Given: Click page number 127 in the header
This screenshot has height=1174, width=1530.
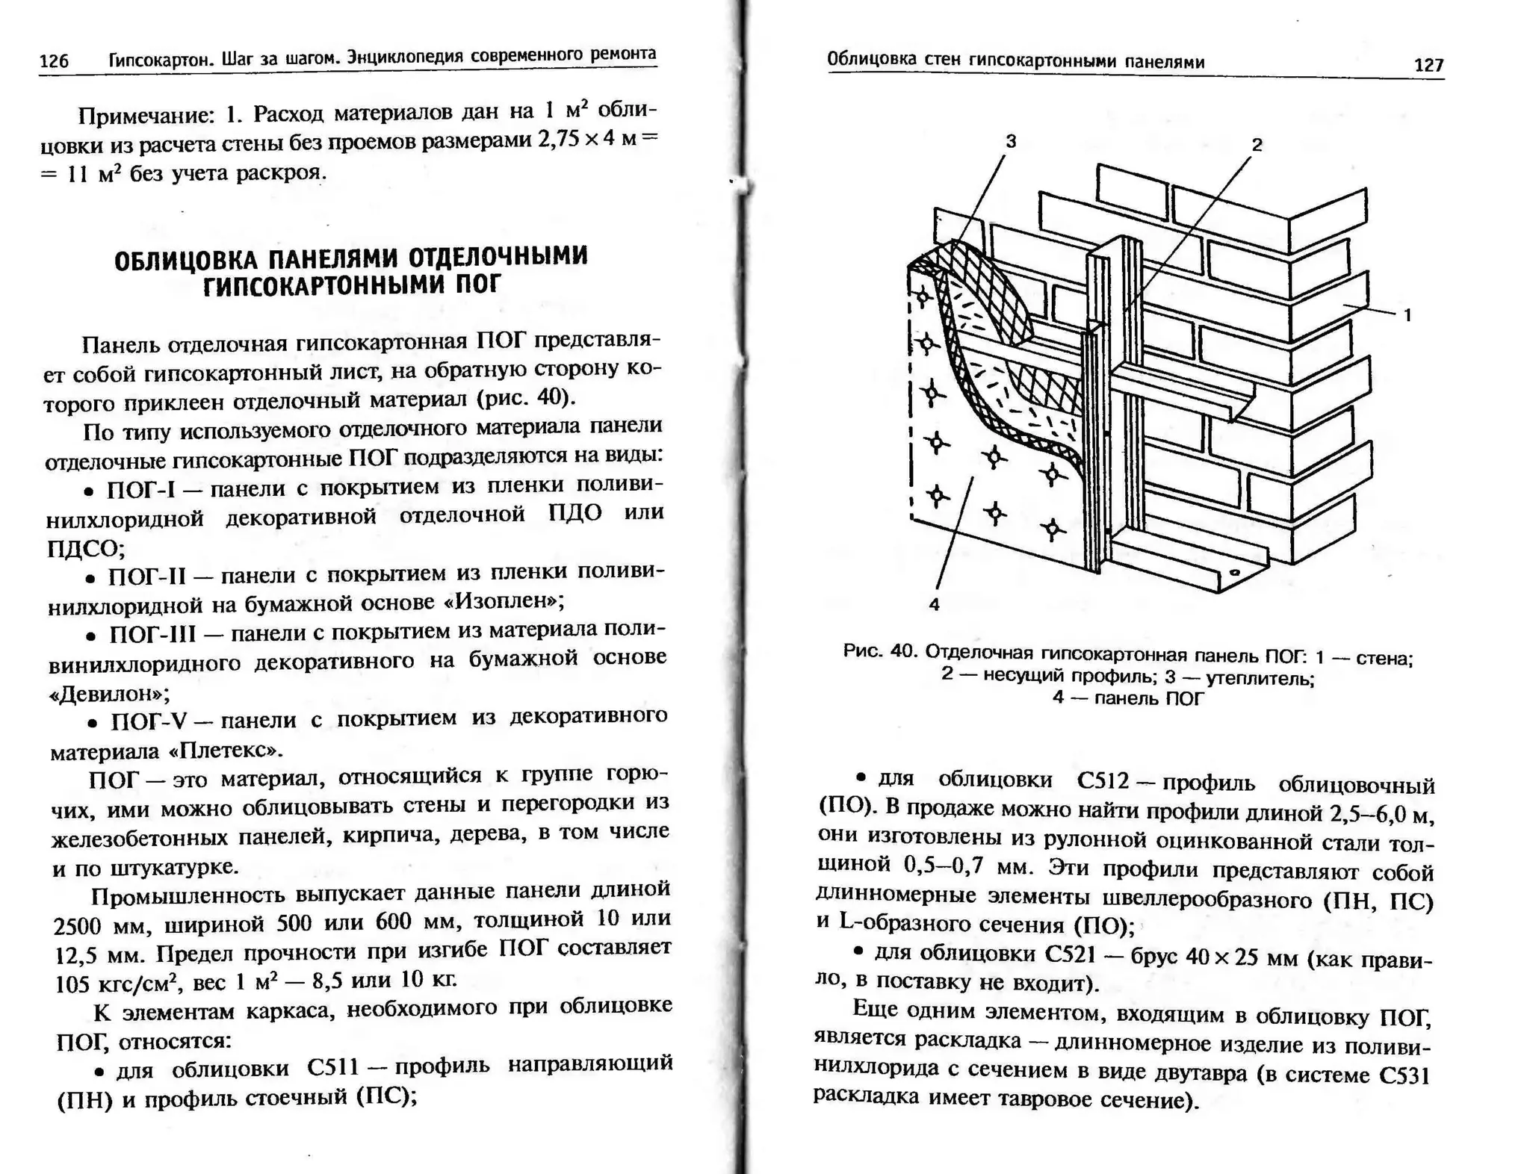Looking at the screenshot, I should [1428, 65].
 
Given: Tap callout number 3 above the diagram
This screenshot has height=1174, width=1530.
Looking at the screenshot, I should [1011, 141].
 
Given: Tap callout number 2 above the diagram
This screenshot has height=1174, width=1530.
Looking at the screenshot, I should [1257, 145].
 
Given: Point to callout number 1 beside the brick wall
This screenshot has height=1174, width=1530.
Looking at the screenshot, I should [1407, 315].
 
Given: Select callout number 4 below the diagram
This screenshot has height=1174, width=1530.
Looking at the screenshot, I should [934, 605].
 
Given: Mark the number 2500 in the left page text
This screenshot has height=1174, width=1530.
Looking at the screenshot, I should [77, 925].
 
